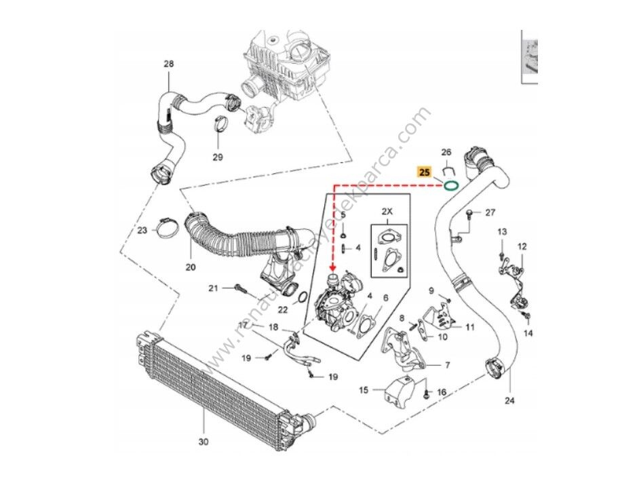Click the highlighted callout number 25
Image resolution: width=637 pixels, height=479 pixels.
click(x=423, y=172)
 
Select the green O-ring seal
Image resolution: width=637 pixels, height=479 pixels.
click(x=450, y=184)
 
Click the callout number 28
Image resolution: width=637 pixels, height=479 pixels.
click(x=169, y=64)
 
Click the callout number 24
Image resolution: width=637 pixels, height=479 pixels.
click(x=509, y=400)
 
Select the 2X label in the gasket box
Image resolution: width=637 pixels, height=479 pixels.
click(x=387, y=212)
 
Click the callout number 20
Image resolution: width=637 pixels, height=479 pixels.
click(x=190, y=267)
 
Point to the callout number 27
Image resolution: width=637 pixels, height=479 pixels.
click(x=492, y=213)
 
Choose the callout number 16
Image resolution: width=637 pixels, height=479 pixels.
click(x=442, y=392)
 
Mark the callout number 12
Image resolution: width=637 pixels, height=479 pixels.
click(x=522, y=246)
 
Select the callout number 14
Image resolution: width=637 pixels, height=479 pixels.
click(x=529, y=333)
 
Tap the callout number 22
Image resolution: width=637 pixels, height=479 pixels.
click(x=284, y=309)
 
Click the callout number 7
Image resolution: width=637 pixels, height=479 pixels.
click(x=447, y=365)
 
